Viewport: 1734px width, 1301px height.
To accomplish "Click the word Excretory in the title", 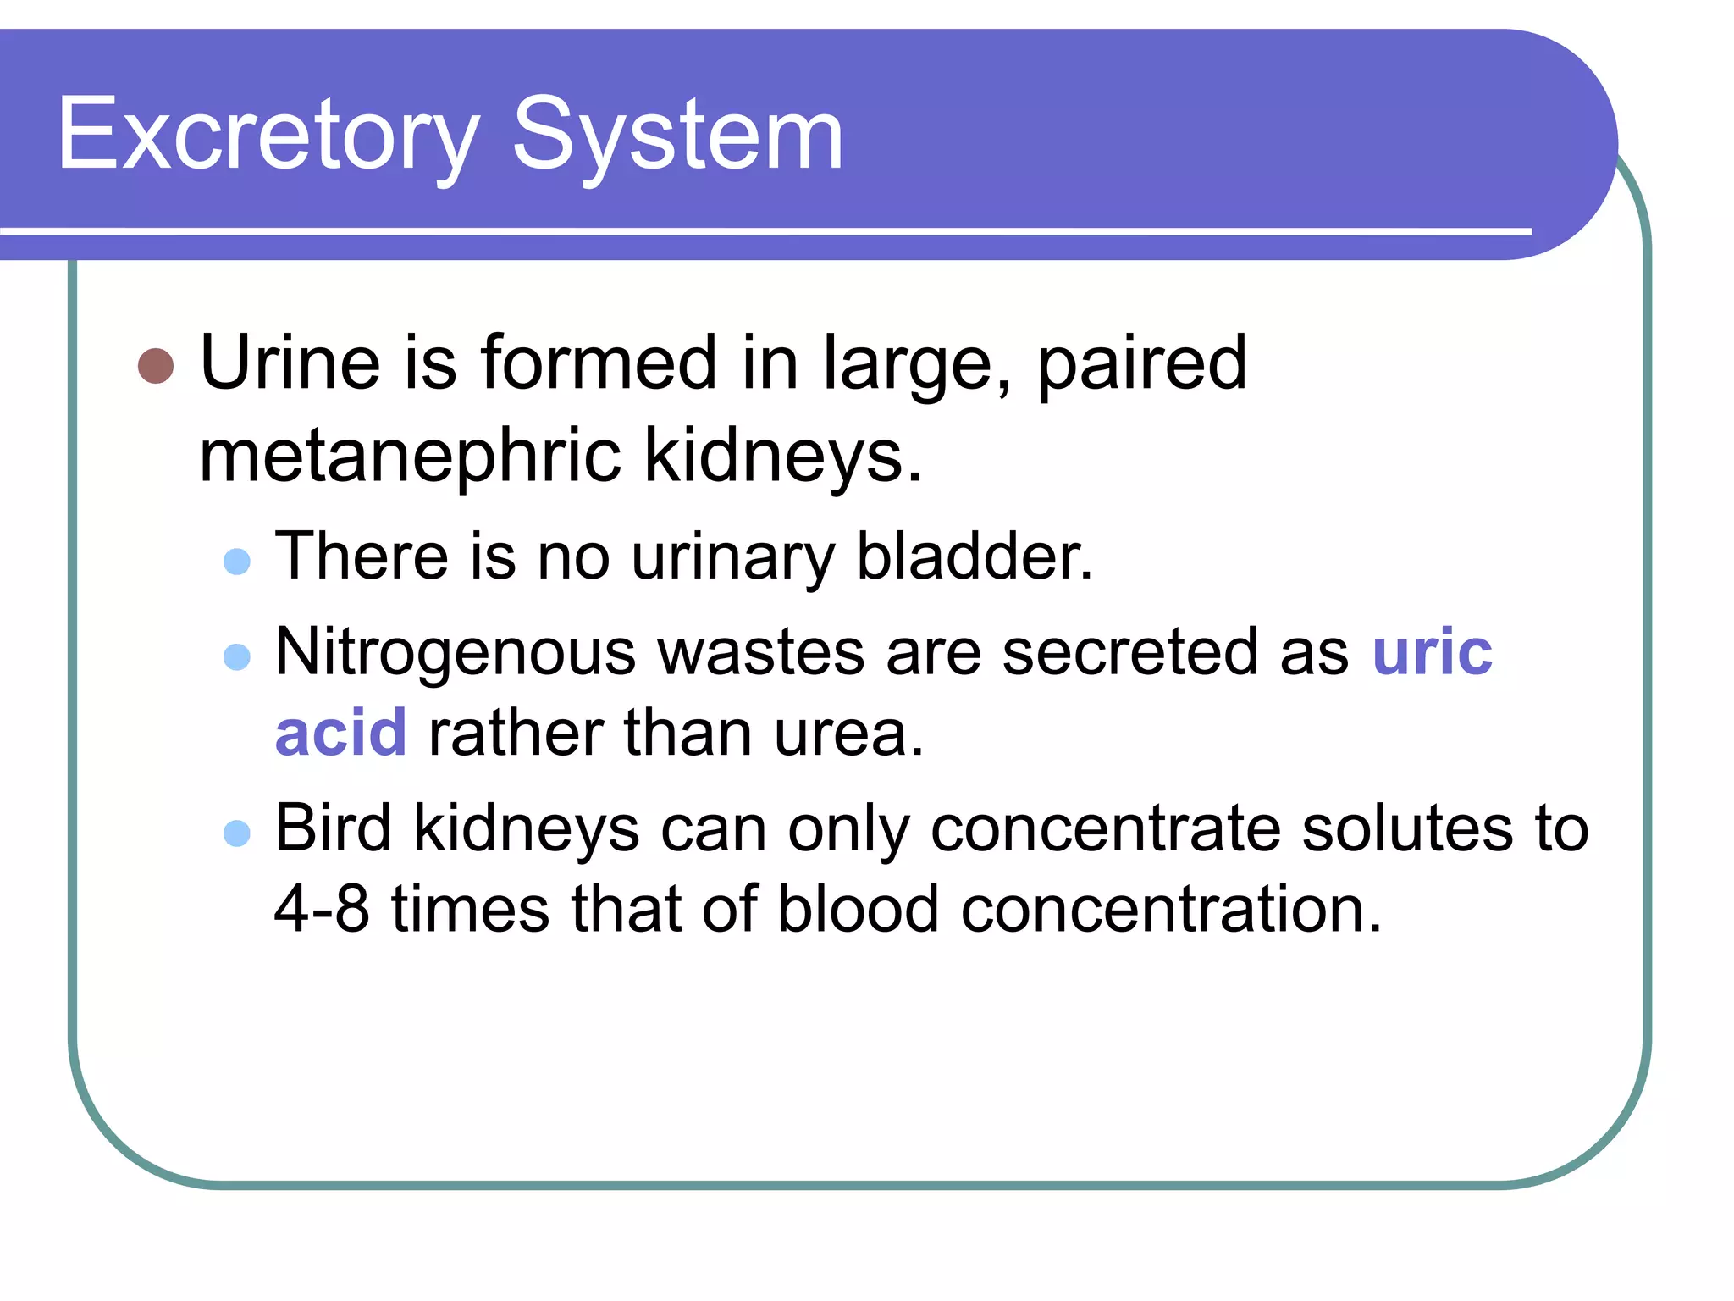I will pos(267,136).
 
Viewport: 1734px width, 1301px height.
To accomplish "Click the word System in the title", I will pos(677,136).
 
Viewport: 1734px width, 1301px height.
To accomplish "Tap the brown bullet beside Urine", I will pos(156,366).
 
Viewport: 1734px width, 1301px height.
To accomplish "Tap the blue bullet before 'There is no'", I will pos(237,562).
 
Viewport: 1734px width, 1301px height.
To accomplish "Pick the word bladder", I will pos(975,557).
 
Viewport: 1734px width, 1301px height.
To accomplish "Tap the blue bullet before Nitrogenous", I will pos(237,657).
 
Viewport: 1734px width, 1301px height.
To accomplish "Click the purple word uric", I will pos(1432,652).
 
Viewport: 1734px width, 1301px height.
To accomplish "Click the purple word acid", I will pos(341,733).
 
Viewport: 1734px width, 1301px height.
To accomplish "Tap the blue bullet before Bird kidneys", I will pos(237,833).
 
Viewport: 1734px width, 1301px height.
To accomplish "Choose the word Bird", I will pos(333,828).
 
